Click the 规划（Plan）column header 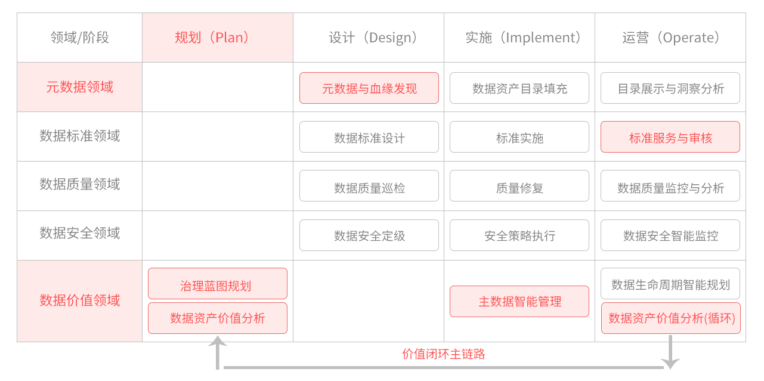coord(217,38)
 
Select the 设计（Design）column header coord(369,38)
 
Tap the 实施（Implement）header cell coord(519,38)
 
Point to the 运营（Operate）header coord(670,38)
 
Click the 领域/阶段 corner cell coord(79,38)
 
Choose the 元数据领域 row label coord(79,87)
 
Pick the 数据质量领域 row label coord(79,184)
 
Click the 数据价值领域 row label coord(79,301)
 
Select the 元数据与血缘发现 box coord(369,88)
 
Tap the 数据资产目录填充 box coord(519,88)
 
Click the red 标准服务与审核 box coord(670,138)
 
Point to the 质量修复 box coord(519,187)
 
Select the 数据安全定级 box coord(369,236)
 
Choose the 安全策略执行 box coord(519,236)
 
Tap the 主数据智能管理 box coord(519,301)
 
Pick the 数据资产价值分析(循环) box coord(670,318)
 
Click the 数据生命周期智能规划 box coord(670,284)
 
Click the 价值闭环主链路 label coord(444,354)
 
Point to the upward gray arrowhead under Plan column coord(218,342)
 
